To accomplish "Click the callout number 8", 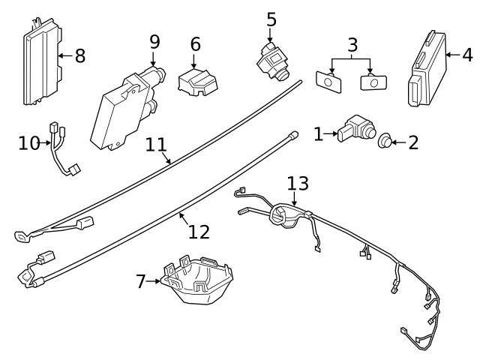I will click(x=80, y=55).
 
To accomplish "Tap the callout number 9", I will click(x=154, y=41).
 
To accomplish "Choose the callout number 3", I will click(x=352, y=44).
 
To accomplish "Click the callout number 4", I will click(x=467, y=54).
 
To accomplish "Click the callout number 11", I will click(x=155, y=143).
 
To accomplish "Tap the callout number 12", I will click(x=199, y=232).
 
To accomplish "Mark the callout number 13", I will click(x=298, y=183).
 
